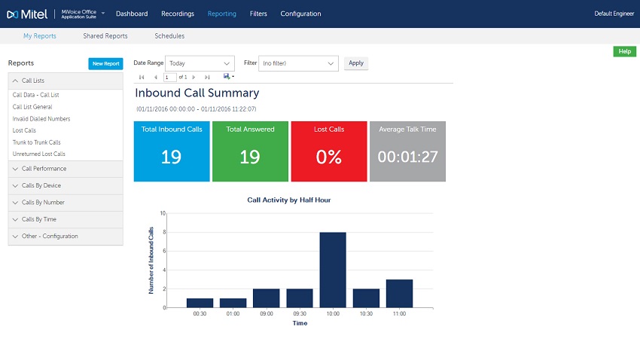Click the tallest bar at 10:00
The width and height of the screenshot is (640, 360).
point(333,270)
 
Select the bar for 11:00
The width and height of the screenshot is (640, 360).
point(399,294)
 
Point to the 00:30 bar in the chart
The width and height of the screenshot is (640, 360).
point(200,303)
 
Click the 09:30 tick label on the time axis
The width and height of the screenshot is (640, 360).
point(300,314)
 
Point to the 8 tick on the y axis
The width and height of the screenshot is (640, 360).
point(164,232)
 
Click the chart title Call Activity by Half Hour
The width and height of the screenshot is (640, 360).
point(289,200)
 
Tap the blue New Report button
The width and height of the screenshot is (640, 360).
point(105,64)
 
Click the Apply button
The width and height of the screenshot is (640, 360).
point(356,63)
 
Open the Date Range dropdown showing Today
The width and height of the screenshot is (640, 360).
point(200,63)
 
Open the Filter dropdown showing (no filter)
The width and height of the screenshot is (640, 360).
point(298,63)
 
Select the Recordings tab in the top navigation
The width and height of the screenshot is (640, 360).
point(178,14)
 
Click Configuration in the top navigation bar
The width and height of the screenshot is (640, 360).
point(301,14)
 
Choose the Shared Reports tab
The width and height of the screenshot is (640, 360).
point(105,36)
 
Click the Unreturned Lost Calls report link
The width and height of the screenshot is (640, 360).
point(38,154)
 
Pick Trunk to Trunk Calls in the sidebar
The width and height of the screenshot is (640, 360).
point(36,142)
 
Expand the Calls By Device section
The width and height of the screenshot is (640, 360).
point(66,185)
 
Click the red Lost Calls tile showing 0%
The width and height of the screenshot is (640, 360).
point(329,151)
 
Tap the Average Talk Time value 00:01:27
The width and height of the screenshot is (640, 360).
point(408,157)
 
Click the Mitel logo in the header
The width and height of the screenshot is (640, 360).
point(27,14)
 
